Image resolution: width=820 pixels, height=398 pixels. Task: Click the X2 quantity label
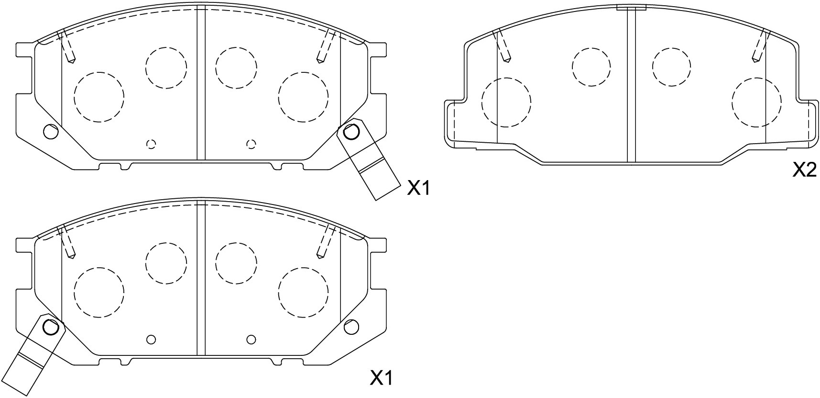[x=804, y=170]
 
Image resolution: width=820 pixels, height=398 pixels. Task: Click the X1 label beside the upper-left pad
[x=418, y=189]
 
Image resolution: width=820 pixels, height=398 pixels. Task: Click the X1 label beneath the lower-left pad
[x=382, y=379]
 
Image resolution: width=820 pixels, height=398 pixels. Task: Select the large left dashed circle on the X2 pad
[x=506, y=102]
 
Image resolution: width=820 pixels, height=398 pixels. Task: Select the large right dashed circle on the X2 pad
[x=756, y=102]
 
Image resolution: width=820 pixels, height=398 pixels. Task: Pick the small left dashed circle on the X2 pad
[x=591, y=67]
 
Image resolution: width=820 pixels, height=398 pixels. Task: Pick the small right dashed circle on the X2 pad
[x=671, y=67]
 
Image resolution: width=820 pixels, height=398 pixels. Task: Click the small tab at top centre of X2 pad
[x=631, y=7]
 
